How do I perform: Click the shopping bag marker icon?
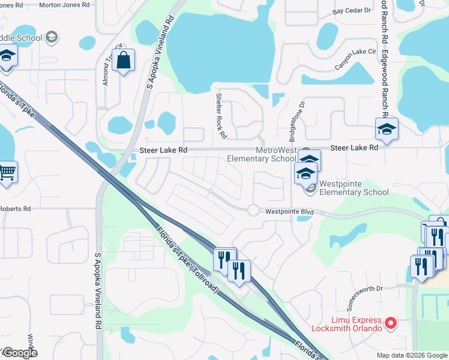point(123,61)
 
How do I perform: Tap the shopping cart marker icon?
point(7,173)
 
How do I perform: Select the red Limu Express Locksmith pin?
point(391,323)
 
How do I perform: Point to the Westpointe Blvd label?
point(290,212)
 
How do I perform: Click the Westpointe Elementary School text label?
point(354,188)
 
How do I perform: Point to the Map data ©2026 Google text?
point(411,355)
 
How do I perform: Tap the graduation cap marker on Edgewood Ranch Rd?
point(387,128)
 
